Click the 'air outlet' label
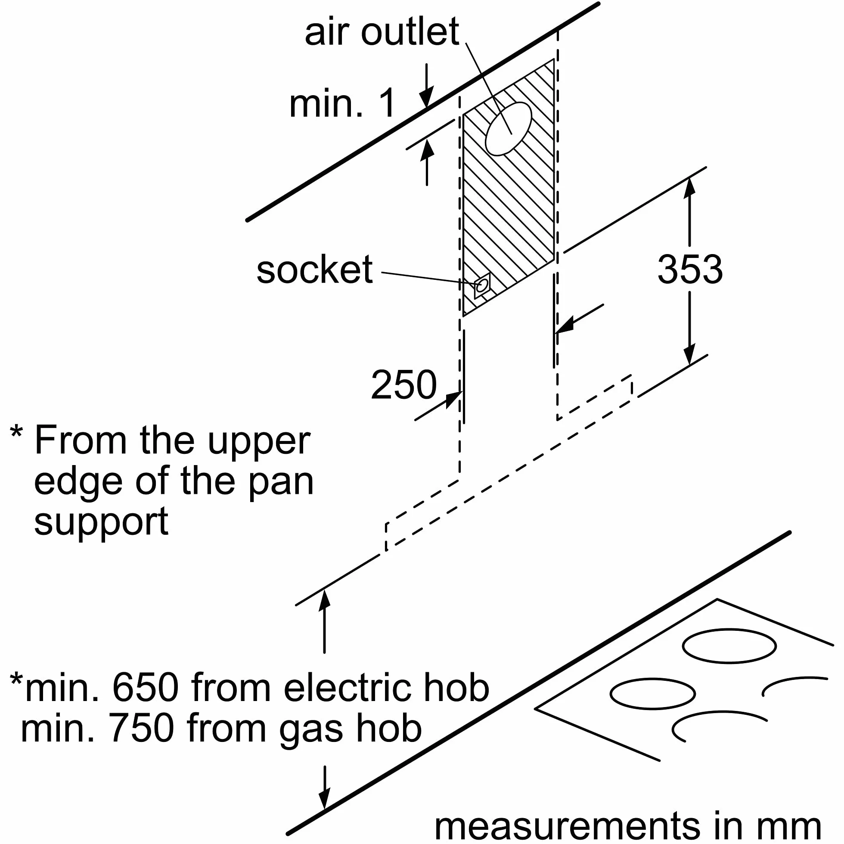click(x=382, y=31)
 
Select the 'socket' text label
click(x=314, y=270)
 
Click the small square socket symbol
click(x=482, y=286)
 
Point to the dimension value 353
click(x=690, y=270)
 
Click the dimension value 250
click(x=403, y=385)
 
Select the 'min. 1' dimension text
click(x=342, y=103)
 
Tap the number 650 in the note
click(x=146, y=688)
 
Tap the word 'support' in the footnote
click(x=101, y=523)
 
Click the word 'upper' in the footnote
click(x=259, y=442)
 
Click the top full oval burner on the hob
click(x=729, y=645)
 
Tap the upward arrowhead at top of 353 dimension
click(x=689, y=189)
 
